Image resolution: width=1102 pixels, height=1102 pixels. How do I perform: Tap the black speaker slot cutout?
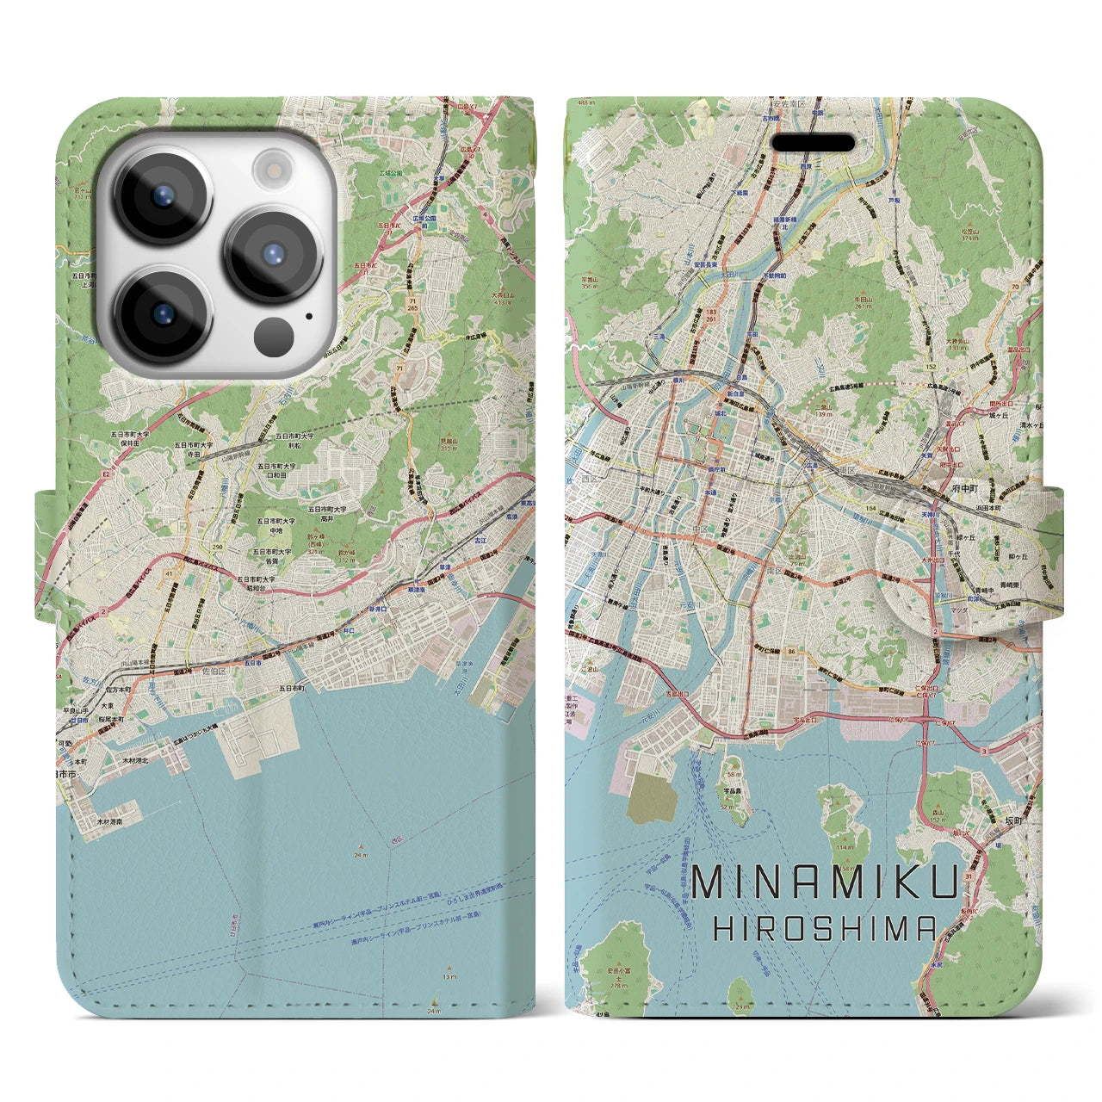coord(813,142)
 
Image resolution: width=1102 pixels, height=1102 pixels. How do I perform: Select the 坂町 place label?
coord(994,820)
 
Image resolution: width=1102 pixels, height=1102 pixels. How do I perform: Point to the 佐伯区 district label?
coord(213,669)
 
